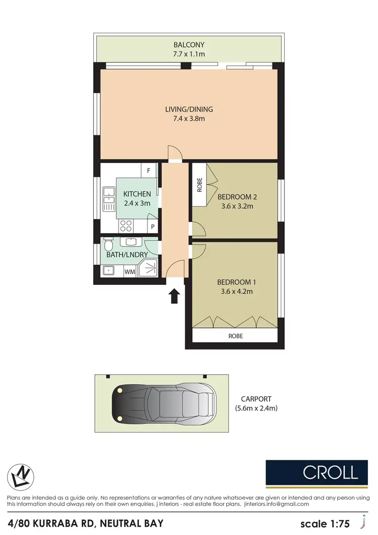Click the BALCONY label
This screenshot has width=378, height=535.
point(189,44)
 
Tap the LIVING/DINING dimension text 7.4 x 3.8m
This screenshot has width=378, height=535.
point(189,119)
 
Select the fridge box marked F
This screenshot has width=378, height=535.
point(149,170)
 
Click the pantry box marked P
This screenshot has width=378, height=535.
point(153,227)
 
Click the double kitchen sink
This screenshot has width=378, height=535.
point(108,198)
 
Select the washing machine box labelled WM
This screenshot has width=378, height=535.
point(130,272)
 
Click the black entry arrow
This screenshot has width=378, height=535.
point(174,296)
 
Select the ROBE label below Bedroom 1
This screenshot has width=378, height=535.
point(236,335)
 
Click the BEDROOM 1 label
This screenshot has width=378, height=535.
point(235,282)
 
